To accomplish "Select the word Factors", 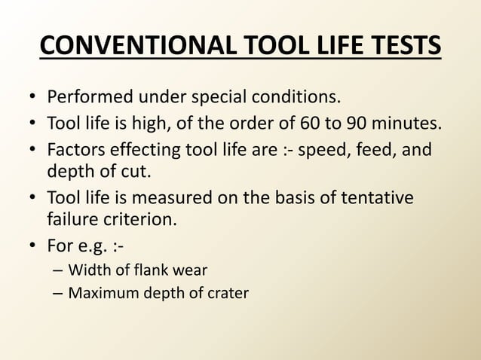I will click(x=75, y=151).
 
